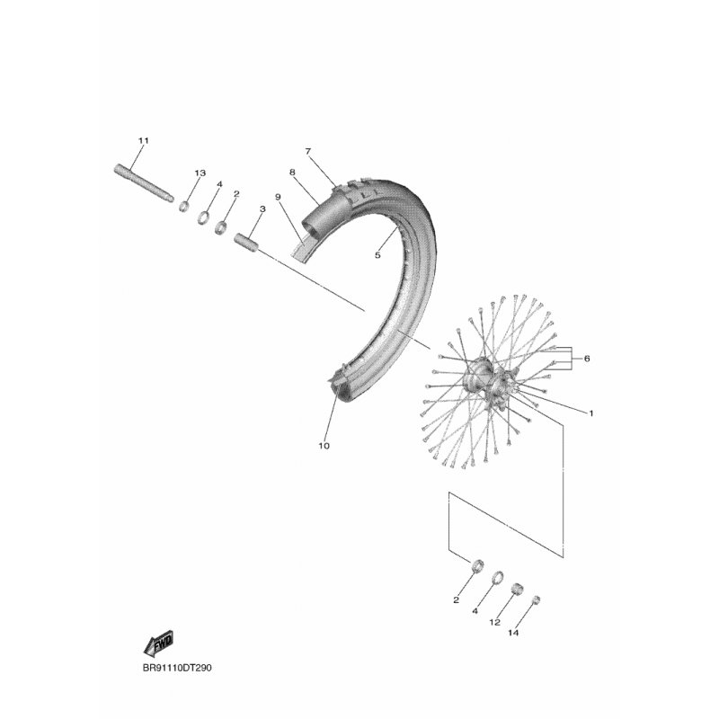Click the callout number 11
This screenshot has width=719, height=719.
[144, 141]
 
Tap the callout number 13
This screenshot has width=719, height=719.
[200, 173]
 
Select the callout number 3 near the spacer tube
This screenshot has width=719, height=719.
[262, 209]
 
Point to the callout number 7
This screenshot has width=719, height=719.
[308, 151]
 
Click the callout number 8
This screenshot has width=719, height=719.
[292, 173]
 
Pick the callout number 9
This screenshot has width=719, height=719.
[278, 197]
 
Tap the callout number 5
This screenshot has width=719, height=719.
[377, 255]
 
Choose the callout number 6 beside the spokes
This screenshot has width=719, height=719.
[587, 359]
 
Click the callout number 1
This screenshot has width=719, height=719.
[591, 413]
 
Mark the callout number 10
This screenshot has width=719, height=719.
[324, 446]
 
